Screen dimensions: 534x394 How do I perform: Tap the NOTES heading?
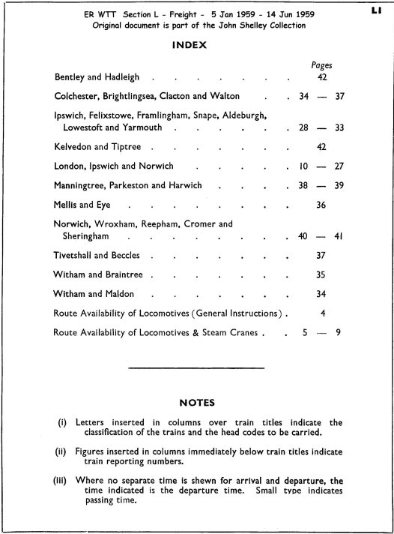coord(198,403)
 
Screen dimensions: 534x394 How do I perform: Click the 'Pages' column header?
coord(321,65)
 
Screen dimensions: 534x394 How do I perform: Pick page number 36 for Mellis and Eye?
coord(321,205)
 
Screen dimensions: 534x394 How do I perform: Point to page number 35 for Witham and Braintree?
coord(321,275)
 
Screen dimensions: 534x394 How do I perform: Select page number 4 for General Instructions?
coord(321,313)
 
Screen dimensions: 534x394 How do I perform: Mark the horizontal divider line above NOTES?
coord(197,367)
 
